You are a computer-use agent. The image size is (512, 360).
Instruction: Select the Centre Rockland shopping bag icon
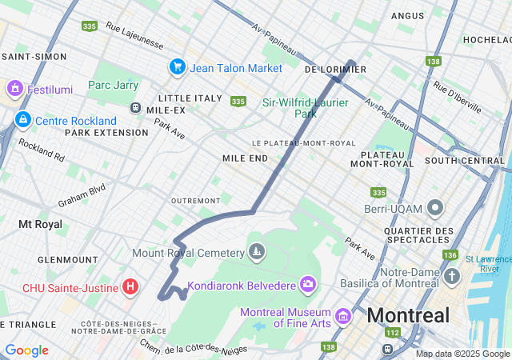(22, 121)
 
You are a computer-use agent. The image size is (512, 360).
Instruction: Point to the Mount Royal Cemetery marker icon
(256, 253)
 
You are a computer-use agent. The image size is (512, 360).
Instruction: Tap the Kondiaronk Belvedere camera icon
(308, 284)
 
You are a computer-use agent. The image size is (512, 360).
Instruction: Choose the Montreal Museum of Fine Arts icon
(343, 317)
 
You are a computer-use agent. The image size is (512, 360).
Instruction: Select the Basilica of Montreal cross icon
(452, 278)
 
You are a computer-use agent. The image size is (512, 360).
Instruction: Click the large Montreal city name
(408, 315)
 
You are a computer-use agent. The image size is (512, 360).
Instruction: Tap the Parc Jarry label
(113, 86)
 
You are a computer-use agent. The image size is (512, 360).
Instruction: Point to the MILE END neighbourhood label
(245, 158)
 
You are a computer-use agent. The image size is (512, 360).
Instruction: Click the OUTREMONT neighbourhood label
(195, 200)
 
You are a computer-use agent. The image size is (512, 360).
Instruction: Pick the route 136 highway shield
(450, 254)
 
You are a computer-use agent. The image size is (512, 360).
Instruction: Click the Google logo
(26, 350)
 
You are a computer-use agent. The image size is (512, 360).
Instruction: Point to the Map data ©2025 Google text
(462, 354)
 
